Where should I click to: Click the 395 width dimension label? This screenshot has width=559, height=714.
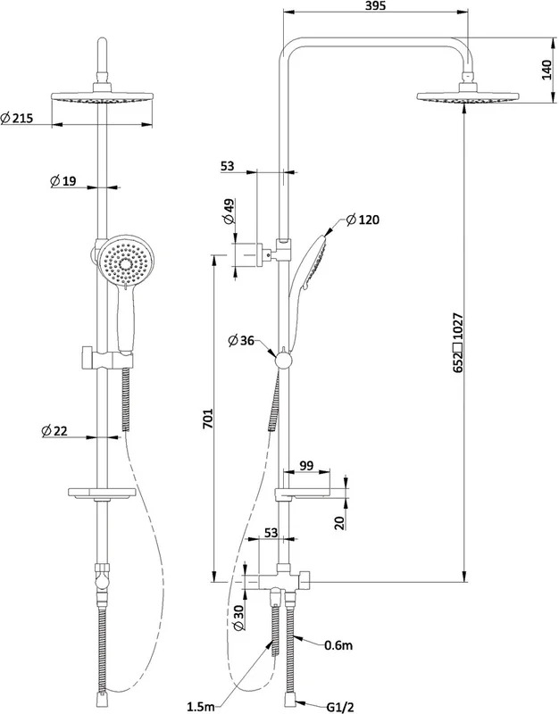pyautogui.click(x=376, y=5)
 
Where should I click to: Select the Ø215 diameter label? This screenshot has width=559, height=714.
pyautogui.click(x=17, y=118)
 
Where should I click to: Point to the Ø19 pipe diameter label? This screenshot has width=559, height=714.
pyautogui.click(x=63, y=181)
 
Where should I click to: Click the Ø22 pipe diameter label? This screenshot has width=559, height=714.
pyautogui.click(x=54, y=430)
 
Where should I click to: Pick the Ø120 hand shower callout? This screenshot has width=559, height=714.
pyautogui.click(x=363, y=220)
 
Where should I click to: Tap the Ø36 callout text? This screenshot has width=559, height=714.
pyautogui.click(x=241, y=341)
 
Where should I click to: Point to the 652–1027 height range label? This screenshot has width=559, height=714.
pyautogui.click(x=458, y=343)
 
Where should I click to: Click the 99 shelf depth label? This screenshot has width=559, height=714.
pyautogui.click(x=306, y=465)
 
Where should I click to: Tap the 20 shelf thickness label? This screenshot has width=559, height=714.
pyautogui.click(x=339, y=522)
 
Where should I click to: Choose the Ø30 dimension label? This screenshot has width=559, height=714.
pyautogui.click(x=238, y=618)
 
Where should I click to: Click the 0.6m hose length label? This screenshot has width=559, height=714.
pyautogui.click(x=338, y=644)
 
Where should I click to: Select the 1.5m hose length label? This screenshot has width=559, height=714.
pyautogui.click(x=201, y=706)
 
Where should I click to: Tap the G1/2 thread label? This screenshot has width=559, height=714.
pyautogui.click(x=340, y=707)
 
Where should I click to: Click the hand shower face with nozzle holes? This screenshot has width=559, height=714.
pyautogui.click(x=126, y=263)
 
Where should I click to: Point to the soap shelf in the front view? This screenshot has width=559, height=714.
pyautogui.click(x=102, y=493)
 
